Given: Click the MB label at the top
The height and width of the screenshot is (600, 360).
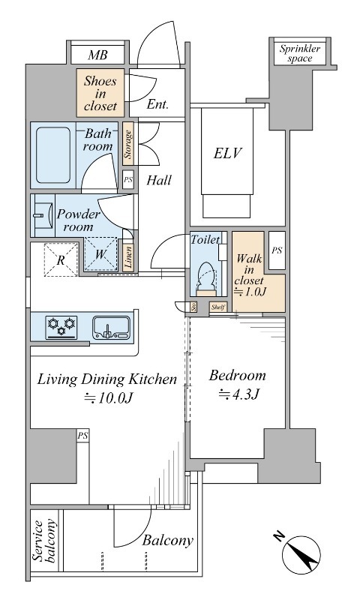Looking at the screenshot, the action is click(x=97, y=55).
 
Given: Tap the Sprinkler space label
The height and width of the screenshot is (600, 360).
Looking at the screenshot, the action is click(x=299, y=53).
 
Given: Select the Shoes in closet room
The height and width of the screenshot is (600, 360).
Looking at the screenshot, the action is click(x=100, y=93).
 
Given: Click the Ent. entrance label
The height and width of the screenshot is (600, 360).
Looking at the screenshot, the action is click(x=157, y=104).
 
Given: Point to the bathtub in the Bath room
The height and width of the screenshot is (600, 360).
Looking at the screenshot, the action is click(x=53, y=155).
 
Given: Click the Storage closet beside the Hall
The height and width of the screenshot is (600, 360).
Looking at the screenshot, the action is click(x=128, y=144).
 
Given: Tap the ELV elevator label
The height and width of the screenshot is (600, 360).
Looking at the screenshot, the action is click(x=228, y=154).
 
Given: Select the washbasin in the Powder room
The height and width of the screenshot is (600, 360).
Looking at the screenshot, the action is click(x=42, y=215).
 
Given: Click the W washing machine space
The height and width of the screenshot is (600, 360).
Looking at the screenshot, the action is click(x=101, y=254).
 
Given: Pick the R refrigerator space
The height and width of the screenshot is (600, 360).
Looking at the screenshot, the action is click(x=61, y=259).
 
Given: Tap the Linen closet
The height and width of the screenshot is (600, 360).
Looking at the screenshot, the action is click(x=128, y=257).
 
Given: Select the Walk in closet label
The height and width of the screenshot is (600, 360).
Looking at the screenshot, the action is click(x=249, y=274).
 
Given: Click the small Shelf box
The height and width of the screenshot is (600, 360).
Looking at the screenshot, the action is click(x=218, y=307).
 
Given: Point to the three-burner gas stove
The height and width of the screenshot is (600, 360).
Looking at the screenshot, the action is click(x=61, y=328).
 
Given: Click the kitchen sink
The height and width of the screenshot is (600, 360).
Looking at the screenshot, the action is click(x=111, y=328).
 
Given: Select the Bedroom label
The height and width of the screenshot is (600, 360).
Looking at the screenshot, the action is click(x=238, y=376).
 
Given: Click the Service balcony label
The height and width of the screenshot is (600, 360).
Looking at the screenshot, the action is click(x=45, y=541).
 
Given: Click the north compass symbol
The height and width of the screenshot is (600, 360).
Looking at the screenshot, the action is click(x=301, y=554).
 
